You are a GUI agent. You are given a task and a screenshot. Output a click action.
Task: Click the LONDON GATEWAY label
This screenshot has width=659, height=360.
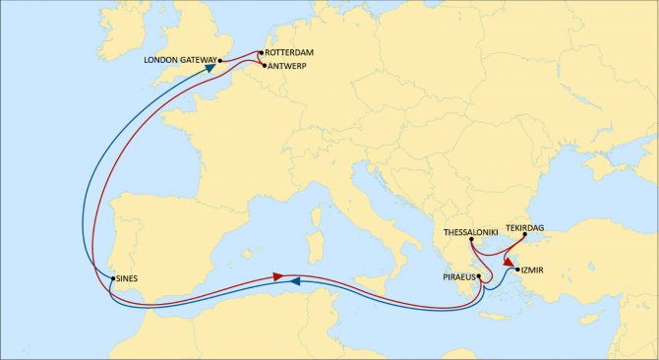(x=180, y=60)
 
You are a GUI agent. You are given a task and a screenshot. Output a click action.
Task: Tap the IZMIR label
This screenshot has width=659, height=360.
(x=531, y=270)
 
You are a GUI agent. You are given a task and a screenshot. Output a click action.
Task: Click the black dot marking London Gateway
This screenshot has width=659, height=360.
(x=220, y=60)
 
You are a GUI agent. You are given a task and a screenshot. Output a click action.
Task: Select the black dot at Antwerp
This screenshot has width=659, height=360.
(x=263, y=66)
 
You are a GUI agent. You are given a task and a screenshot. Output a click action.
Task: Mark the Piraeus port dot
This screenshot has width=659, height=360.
(x=480, y=278)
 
